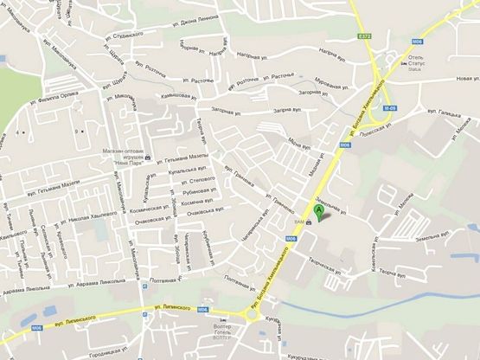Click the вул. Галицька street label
(444, 111)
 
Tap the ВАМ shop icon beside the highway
(310, 222)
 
